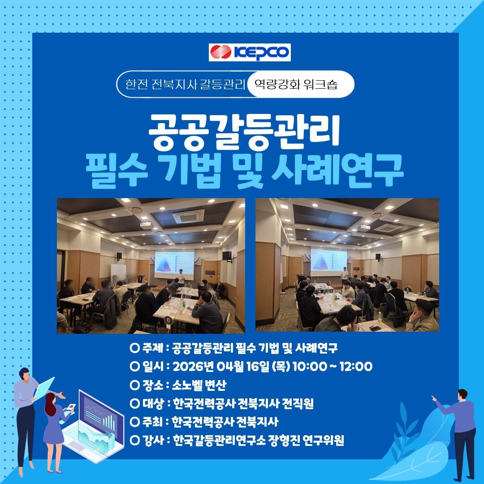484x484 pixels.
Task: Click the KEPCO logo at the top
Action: point(250,52)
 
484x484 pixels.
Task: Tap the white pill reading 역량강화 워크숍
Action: point(300,84)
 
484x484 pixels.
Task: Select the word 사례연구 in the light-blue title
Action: point(337,171)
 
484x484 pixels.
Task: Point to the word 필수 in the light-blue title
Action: point(117,171)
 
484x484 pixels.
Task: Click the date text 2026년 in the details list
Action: point(193,367)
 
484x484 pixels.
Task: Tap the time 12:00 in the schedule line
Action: point(356,367)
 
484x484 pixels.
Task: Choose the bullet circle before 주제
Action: point(135,348)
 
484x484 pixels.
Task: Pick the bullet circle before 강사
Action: point(135,440)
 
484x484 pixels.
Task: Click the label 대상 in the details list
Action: point(153,403)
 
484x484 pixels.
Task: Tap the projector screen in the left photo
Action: point(174,262)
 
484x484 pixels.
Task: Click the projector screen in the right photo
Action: point(328,260)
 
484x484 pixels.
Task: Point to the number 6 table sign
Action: point(168,320)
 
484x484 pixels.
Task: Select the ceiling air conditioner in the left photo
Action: point(188,216)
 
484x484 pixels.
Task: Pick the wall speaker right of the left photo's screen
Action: point(227,255)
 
